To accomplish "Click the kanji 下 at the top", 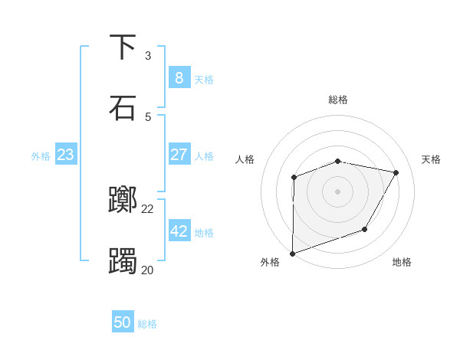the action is [123, 47].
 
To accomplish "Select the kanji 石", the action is [123, 108].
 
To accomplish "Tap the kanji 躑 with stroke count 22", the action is [123, 201].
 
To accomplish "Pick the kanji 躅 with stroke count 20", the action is [123, 261].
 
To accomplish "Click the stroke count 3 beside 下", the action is [148, 55].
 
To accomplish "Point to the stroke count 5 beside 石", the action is [148, 116].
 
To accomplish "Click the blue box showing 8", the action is [179, 77].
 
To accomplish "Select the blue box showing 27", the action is [179, 154].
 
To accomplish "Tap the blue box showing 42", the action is [179, 231].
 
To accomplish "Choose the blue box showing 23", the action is [65, 155].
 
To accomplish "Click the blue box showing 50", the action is [123, 322].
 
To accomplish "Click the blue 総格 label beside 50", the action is [147, 324].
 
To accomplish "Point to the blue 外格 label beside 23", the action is [41, 156].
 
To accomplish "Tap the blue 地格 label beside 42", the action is [204, 233].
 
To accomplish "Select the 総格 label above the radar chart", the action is [338, 100].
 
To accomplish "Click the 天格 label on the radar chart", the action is [431, 159].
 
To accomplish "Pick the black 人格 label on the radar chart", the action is [245, 159].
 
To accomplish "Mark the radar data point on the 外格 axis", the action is [293, 253].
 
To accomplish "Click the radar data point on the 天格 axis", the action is [396, 173].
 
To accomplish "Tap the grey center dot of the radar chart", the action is [338, 191].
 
